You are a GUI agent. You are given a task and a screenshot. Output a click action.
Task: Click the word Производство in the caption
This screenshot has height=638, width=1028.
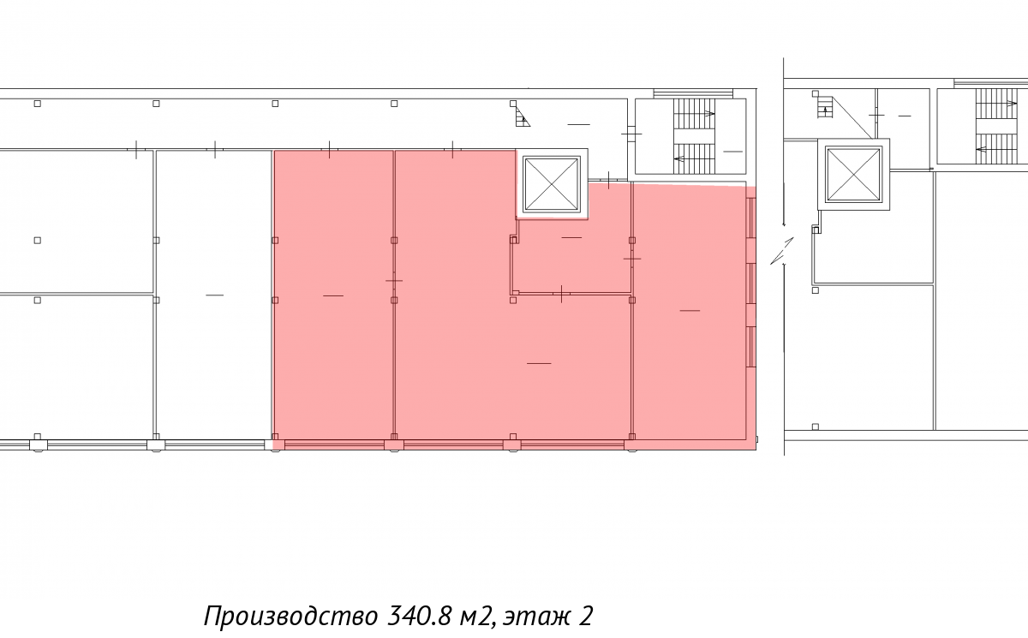(291, 616)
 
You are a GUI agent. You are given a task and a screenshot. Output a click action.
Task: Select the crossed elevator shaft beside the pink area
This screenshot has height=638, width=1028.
(552, 184)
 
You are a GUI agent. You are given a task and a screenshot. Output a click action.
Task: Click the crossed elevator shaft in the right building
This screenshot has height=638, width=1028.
(853, 175)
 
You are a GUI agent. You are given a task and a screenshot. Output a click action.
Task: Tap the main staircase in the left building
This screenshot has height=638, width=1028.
(695, 136)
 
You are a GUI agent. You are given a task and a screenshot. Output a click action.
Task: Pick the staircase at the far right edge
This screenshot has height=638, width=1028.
(1001, 126)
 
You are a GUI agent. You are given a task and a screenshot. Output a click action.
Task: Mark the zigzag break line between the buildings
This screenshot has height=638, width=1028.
(782, 251)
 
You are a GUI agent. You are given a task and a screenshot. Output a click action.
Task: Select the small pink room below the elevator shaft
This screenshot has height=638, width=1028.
(572, 256)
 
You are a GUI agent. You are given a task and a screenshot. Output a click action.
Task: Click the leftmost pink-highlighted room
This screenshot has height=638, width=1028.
(333, 295)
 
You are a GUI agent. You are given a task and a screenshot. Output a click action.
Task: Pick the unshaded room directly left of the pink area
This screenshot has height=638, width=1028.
(213, 295)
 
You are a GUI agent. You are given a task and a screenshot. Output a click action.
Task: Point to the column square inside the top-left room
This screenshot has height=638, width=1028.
(38, 241)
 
